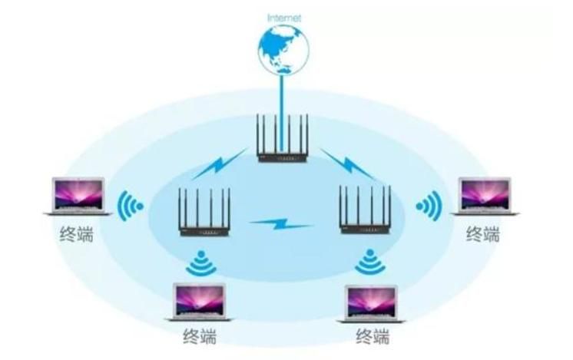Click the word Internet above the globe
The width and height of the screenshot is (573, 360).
[x=284, y=18]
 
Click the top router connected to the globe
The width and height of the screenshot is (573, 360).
[x=283, y=138]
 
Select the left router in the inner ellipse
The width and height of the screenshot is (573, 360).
[x=204, y=212]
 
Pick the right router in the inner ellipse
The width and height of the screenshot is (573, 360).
[x=366, y=210]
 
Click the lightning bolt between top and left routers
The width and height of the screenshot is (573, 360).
[x=220, y=164]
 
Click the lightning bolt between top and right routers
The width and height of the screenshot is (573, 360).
[x=347, y=164]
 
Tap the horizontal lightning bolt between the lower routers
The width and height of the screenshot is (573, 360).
[x=280, y=223]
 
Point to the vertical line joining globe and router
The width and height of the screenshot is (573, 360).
[x=281, y=113]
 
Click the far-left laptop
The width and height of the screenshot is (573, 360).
[x=78, y=196]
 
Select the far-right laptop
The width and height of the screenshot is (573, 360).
[x=485, y=196]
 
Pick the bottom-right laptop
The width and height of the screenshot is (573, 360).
[x=371, y=304]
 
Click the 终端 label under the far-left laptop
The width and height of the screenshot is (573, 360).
[x=76, y=233]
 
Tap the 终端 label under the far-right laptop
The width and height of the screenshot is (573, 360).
[x=482, y=233]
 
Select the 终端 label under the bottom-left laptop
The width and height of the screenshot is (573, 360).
[x=200, y=336]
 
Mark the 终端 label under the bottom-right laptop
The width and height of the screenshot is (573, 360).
[x=373, y=336]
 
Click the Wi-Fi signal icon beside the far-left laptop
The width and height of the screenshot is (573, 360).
[x=130, y=206]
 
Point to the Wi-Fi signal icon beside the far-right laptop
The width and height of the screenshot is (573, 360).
[x=429, y=206]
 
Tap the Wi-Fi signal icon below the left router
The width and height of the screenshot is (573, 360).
[x=200, y=263]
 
